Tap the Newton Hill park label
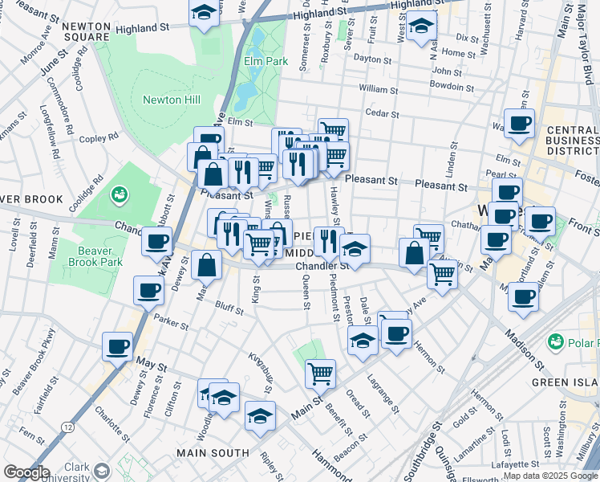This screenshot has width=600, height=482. point(172,100)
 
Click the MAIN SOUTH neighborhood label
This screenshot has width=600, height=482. point(213,453)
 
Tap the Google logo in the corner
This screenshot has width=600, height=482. point(26,472)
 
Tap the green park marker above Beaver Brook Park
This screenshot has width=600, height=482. point(120,194)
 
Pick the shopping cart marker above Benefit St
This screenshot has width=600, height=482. point(320,372)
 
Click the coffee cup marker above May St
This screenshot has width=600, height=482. point(117,346)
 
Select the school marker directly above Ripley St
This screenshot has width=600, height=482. point(260,416)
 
